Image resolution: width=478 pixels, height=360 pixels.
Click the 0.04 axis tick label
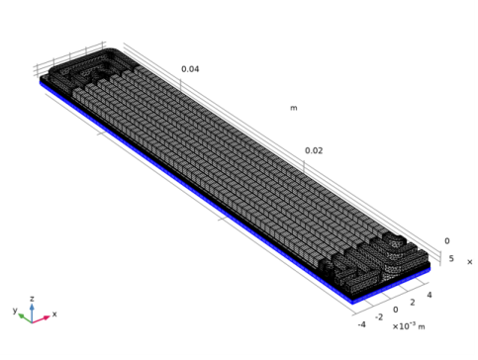tap(190, 69)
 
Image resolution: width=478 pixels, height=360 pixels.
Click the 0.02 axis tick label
tap(314, 150)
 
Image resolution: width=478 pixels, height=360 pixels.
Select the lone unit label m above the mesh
tap(294, 108)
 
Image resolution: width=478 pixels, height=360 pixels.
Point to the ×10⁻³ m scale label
tap(409, 326)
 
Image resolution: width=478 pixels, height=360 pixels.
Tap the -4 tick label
tap(362, 324)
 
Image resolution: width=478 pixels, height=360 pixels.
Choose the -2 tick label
tap(379, 317)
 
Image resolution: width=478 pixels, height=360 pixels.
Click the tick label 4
tap(430, 295)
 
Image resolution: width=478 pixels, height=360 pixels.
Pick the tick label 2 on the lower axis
tap(413, 303)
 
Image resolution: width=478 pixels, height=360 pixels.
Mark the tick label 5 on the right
tap(451, 258)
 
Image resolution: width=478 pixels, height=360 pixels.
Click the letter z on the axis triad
tap(32, 299)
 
